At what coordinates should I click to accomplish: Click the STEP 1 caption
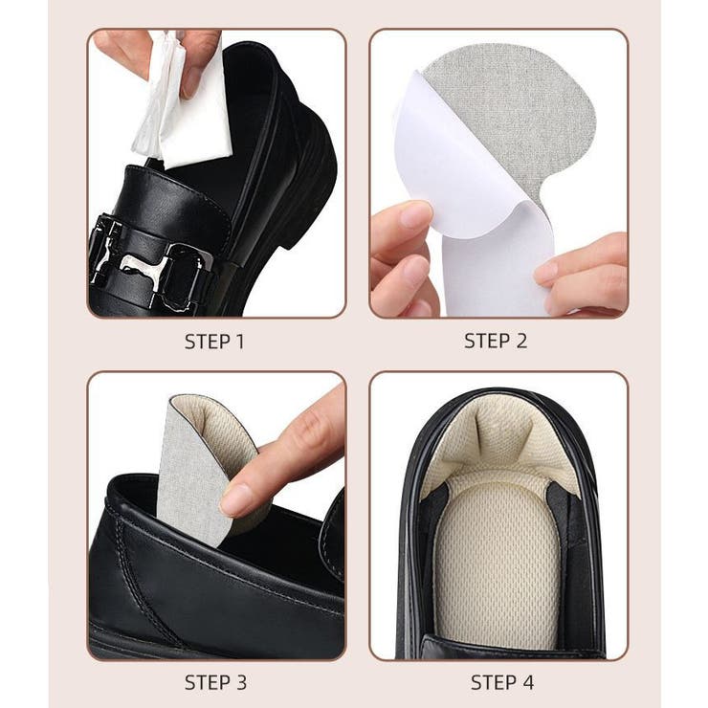pyautogui.click(x=214, y=342)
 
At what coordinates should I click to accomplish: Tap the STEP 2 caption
pyautogui.click(x=496, y=341)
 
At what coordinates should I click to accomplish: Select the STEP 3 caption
pyautogui.click(x=215, y=682)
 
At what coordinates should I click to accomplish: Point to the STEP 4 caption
pyautogui.click(x=502, y=682)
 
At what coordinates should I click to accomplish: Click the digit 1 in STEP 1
pyautogui.click(x=240, y=342)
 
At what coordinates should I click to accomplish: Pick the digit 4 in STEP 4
pyautogui.click(x=527, y=682)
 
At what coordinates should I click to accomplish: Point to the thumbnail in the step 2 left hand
pyautogui.click(x=416, y=215)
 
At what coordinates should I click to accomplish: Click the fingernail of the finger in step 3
pyautogui.click(x=236, y=498)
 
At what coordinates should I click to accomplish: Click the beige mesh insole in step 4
pyautogui.click(x=497, y=564)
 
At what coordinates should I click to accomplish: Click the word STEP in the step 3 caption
pyautogui.click(x=205, y=682)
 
